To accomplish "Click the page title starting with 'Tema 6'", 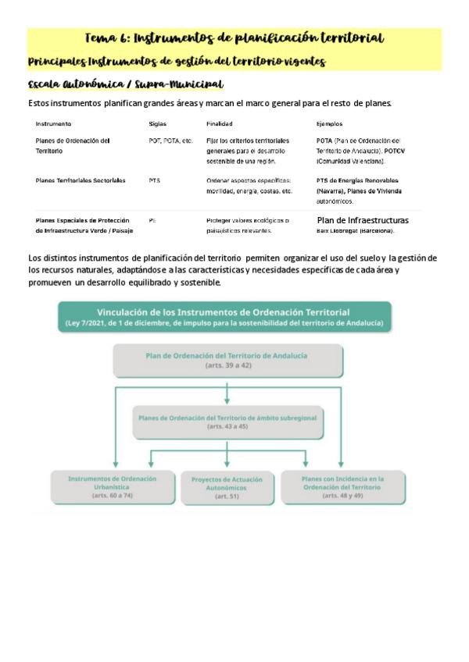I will point(234,37).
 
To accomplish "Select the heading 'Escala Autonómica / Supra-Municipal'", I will point(125,84).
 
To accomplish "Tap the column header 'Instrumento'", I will point(53,123).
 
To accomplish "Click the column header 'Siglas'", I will point(157,123).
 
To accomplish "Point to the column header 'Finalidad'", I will point(219,123).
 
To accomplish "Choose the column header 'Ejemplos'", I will point(329,123).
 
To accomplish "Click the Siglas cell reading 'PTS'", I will point(154,180).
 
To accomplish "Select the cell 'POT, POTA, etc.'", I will point(170,141).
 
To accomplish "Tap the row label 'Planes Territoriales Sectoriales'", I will point(81,180).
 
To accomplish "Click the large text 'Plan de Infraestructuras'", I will point(362,220).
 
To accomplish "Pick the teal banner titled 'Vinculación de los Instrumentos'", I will point(224,318).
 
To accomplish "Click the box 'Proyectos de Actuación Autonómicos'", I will point(227,487).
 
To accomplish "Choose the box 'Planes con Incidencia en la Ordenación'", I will point(342,486).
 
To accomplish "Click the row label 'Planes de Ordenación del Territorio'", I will point(73,146).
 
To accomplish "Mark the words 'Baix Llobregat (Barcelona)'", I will point(356,231).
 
